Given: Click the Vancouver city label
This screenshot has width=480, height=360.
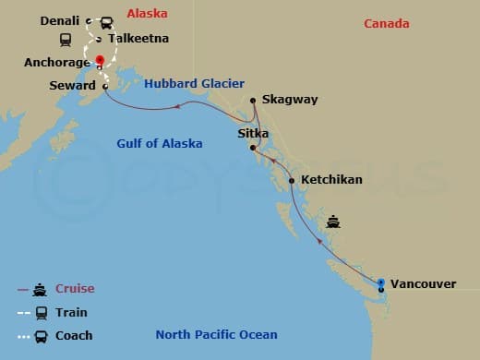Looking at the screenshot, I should pyautogui.click(x=423, y=283).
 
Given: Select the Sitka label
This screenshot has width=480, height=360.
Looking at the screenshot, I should pyautogui.click(x=253, y=134).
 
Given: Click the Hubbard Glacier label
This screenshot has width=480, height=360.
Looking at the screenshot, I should pyautogui.click(x=194, y=83).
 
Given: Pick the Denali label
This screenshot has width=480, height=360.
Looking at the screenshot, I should pyautogui.click(x=62, y=19).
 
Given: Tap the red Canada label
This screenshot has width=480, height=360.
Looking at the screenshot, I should pyautogui.click(x=386, y=23).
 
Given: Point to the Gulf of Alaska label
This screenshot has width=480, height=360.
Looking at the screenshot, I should pyautogui.click(x=158, y=143).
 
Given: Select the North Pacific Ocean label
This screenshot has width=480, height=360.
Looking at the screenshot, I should pyautogui.click(x=216, y=335).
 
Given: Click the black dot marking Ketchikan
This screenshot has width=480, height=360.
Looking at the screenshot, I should pyautogui.click(x=292, y=180).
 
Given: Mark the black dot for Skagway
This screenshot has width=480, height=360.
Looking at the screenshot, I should pyautogui.click(x=252, y=100).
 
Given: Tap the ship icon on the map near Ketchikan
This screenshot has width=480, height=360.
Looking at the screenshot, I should pyautogui.click(x=333, y=222).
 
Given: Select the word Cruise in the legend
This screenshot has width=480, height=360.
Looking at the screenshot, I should pyautogui.click(x=75, y=289).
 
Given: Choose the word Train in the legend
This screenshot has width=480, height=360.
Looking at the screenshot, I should pyautogui.click(x=71, y=313).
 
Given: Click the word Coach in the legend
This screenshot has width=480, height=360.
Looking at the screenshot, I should pyautogui.click(x=74, y=336).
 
